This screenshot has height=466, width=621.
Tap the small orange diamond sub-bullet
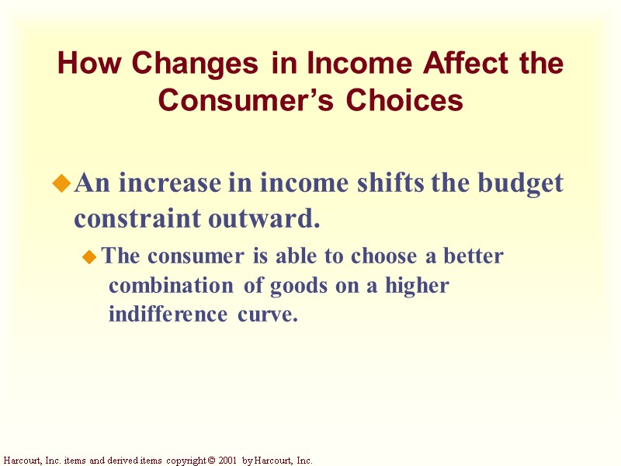90,256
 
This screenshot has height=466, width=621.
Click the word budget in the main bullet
521,184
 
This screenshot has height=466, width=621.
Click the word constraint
138,219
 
